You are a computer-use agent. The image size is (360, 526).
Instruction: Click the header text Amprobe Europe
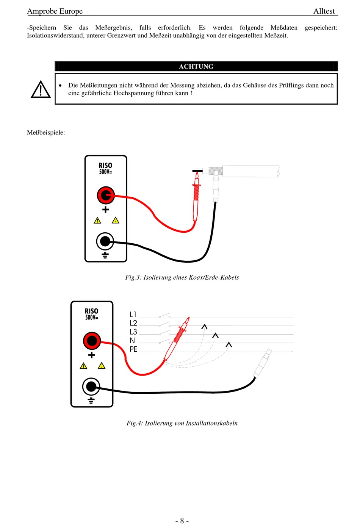55,11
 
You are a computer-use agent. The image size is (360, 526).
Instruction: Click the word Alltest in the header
324,11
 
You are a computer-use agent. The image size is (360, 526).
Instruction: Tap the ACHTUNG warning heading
196,67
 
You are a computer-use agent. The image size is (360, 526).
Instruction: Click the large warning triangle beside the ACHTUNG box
41,90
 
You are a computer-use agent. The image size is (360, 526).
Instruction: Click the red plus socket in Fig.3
105,195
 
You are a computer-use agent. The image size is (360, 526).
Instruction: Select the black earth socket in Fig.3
105,241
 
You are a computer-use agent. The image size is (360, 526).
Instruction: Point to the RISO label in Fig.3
105,166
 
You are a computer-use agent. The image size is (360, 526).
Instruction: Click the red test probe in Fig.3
196,197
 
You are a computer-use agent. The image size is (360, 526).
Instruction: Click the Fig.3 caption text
182,277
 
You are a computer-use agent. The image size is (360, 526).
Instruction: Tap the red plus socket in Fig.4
92,341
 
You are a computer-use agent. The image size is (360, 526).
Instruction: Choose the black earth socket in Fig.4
91,387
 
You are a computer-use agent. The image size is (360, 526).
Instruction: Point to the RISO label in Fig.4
91,311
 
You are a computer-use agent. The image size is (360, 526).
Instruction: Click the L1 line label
133,315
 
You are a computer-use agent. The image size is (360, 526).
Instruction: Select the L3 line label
133,332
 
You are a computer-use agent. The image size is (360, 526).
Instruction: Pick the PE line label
133,349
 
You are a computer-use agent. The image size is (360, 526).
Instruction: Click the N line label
132,340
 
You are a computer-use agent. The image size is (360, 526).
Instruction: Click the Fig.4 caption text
182,423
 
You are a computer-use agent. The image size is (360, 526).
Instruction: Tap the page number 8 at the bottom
182,521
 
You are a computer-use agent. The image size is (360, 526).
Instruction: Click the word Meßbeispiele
46,133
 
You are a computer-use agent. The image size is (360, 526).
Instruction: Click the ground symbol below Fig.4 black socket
91,401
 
